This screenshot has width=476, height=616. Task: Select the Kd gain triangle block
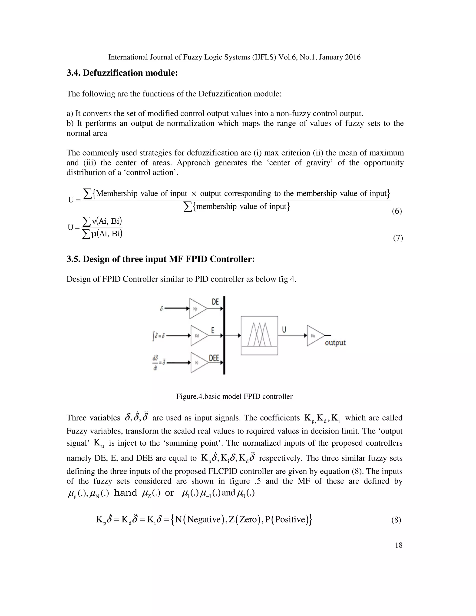click(198, 336)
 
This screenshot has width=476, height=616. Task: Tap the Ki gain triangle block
click(198, 362)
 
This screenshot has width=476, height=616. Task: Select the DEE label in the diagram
click(214, 358)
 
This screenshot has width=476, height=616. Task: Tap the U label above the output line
click(284, 329)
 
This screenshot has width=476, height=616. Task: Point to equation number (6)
click(397, 211)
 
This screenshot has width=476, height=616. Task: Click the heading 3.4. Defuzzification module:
click(122, 73)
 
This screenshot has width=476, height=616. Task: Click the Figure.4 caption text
click(234, 396)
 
